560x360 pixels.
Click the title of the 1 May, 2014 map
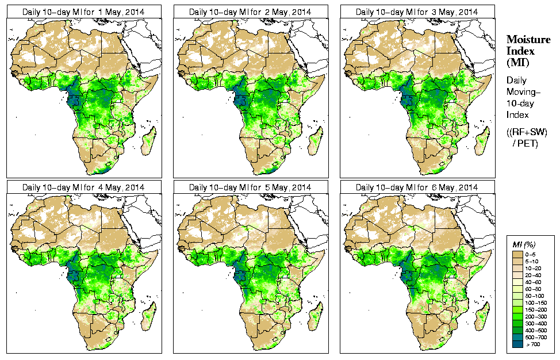[x=83, y=12]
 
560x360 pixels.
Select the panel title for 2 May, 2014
[x=250, y=12]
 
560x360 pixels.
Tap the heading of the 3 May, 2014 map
[x=417, y=12]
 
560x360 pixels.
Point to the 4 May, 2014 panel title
[x=83, y=187]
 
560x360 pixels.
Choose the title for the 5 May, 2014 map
[x=250, y=187]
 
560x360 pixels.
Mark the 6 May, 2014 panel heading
[x=417, y=187]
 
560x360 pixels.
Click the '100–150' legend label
[x=535, y=302]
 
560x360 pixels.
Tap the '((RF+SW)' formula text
[x=527, y=132]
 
